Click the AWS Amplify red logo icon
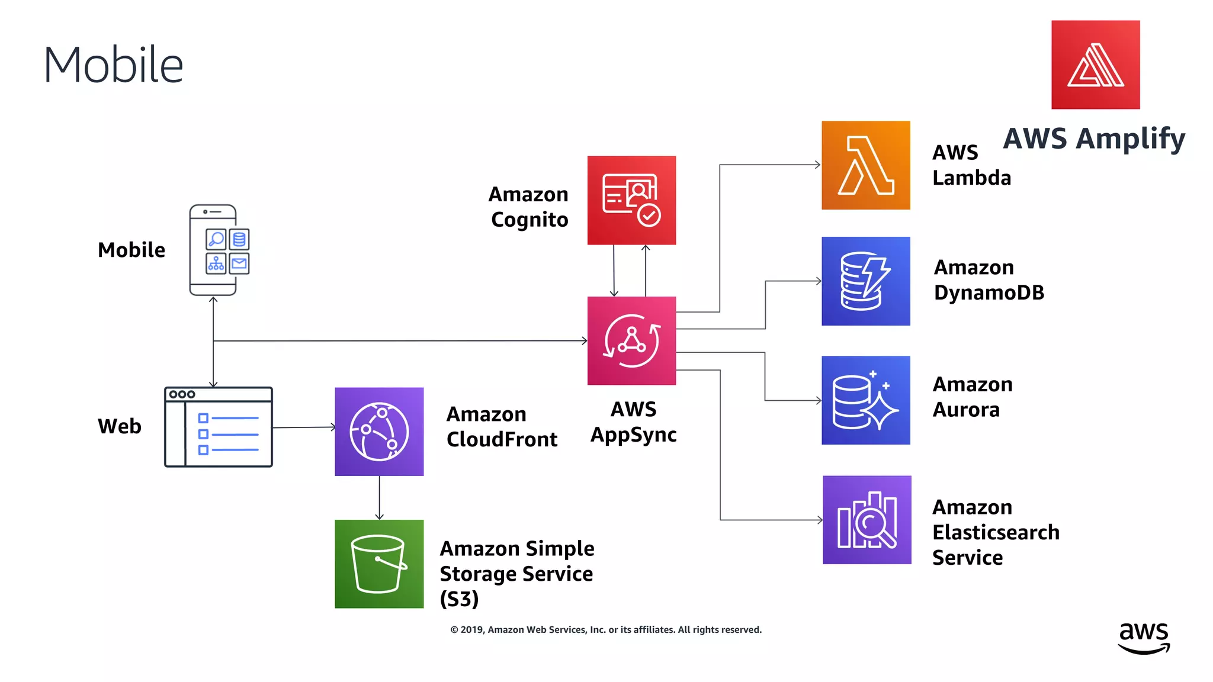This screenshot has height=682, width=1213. tap(1095, 65)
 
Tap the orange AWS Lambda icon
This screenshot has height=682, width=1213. tap(865, 165)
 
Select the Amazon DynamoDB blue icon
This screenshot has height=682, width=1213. tap(865, 281)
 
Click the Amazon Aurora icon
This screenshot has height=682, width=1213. tap(865, 400)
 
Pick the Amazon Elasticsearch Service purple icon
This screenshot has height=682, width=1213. tap(867, 520)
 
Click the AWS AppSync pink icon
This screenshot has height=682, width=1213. tap(631, 340)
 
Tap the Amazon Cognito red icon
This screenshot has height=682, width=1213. tap(631, 200)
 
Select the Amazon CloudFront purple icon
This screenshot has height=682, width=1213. tap(379, 432)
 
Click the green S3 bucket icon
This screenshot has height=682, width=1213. tap(379, 564)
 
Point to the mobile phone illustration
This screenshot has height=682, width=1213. tap(213, 250)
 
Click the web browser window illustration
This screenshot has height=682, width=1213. tap(219, 427)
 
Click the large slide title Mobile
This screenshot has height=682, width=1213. tap(113, 65)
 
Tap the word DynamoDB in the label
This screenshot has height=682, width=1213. tap(989, 293)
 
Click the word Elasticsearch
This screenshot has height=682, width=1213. tap(995, 532)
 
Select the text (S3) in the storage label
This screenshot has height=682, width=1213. tap(459, 599)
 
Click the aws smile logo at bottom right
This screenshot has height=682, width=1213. tap(1144, 638)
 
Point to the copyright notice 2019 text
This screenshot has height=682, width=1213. tap(605, 630)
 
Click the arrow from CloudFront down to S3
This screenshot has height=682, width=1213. tap(379, 498)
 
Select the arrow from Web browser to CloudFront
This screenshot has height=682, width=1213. tap(303, 427)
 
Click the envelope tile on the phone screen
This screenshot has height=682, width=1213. tap(239, 263)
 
